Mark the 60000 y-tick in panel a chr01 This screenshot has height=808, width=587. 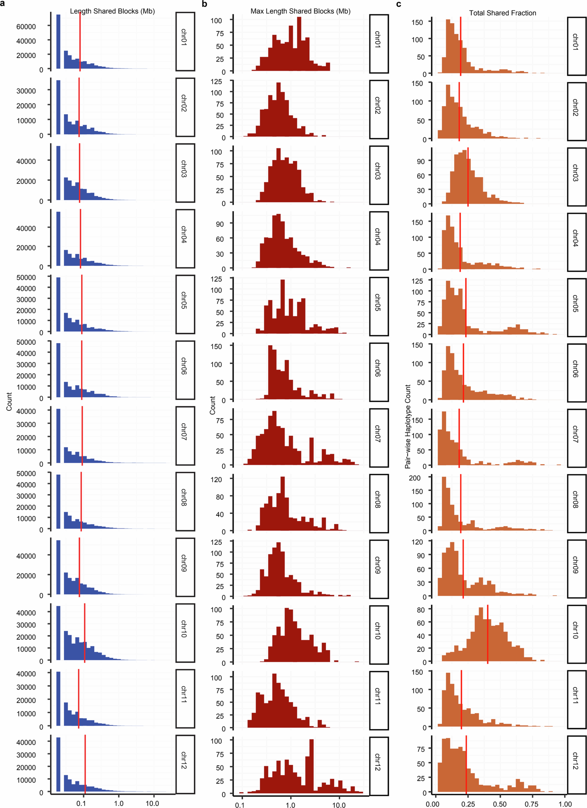point(26,26)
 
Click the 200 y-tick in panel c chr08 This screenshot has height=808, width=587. point(415,478)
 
